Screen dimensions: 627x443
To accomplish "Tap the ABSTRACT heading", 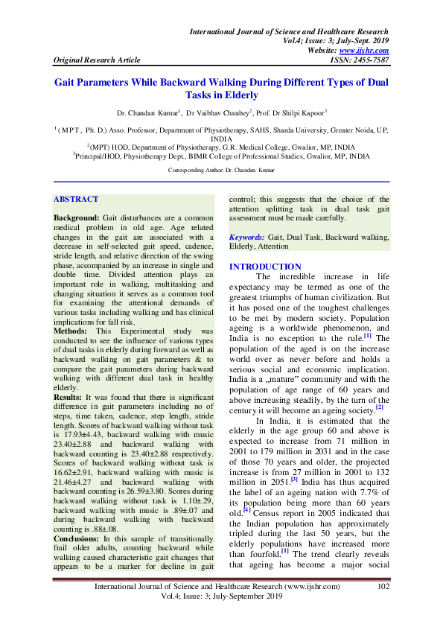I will pyautogui.click(x=76, y=199).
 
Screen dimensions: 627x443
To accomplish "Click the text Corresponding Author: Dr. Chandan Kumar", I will pyautogui.click(x=221, y=171).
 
